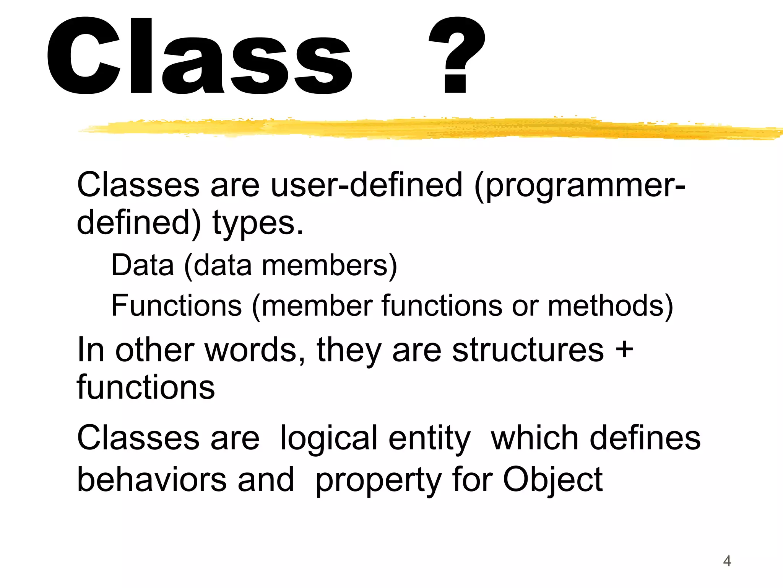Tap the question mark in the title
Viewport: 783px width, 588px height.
[x=457, y=56]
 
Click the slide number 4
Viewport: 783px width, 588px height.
[x=727, y=561]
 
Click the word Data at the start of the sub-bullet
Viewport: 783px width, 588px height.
[x=143, y=265]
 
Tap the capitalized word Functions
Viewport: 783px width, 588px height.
[x=177, y=305]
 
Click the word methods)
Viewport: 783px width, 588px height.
[x=611, y=305]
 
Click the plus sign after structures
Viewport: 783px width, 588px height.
[x=624, y=350]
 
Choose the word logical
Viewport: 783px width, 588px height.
[x=329, y=438]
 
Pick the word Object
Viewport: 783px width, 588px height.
[x=553, y=480]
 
